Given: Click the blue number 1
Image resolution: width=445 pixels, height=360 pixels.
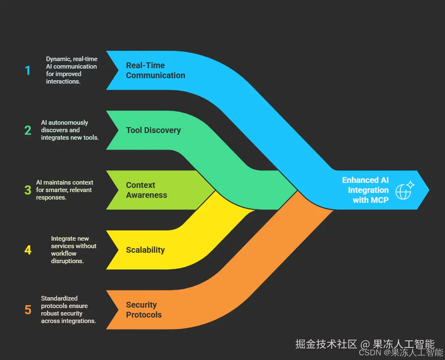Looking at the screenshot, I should coord(28,70).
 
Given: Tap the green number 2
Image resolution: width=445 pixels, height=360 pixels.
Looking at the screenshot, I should coord(28,130).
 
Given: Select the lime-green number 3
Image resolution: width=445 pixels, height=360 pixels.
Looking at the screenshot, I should coord(28,190).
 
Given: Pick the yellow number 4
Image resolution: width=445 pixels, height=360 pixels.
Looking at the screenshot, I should coord(28,250).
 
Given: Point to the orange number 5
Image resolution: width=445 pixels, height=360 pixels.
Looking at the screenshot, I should coord(28,310).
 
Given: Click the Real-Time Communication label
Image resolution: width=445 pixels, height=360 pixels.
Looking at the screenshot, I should coord(155,70).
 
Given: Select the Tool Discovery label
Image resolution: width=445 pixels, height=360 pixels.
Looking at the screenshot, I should coord(153,130).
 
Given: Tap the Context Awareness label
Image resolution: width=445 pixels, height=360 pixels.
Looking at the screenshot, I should coord(146,190).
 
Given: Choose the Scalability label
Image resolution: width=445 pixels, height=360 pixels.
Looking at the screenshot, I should coord(145,250).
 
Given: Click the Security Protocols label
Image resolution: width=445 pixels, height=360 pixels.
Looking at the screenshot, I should coord(143,310).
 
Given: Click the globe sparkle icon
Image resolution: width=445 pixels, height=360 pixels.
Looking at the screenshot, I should coord(404,190).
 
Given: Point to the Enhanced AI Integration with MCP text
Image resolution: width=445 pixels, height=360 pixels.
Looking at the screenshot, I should coord(365,190).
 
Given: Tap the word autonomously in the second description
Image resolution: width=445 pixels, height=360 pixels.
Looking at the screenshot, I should coord(68,123).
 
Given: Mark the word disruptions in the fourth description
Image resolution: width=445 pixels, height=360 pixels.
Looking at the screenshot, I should coord(67,261).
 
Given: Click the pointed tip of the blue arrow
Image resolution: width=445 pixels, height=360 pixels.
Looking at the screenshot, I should coord(429,190).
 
